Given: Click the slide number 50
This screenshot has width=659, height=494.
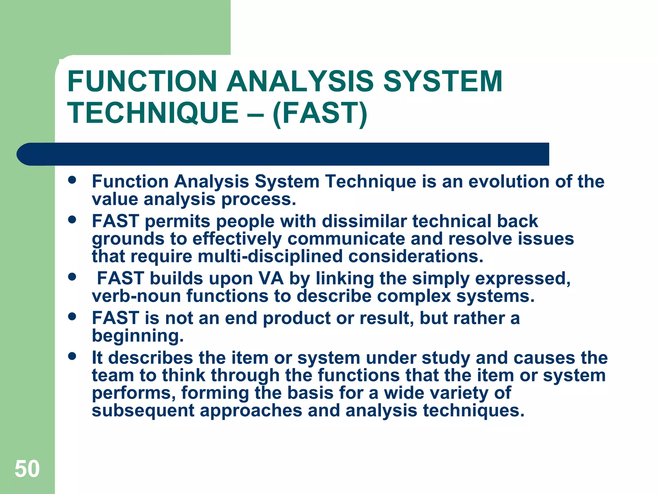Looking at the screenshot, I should point(27,469).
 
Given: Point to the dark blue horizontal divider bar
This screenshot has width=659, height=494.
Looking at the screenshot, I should point(283,154).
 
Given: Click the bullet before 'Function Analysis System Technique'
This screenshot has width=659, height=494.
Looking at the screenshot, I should point(72,180).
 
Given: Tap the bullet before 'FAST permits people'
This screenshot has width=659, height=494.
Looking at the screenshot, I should point(72,220).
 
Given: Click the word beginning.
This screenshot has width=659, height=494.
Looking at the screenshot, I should point(138,336).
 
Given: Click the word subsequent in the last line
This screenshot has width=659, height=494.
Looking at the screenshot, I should point(143,411).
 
